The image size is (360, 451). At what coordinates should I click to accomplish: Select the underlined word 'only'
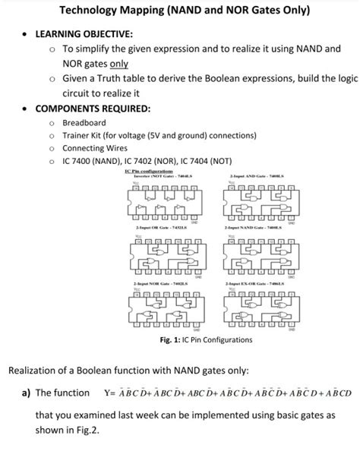(120, 64)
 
